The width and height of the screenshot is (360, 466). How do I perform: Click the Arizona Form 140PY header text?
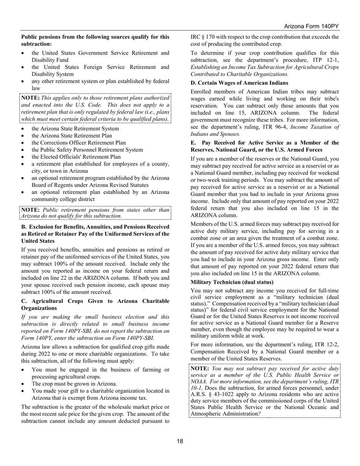click(x=311, y=27)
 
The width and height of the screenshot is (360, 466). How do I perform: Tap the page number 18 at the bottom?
click(x=180, y=441)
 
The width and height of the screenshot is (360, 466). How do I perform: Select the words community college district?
click(x=63, y=199)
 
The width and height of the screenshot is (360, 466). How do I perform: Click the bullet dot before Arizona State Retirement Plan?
click(x=24, y=136)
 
